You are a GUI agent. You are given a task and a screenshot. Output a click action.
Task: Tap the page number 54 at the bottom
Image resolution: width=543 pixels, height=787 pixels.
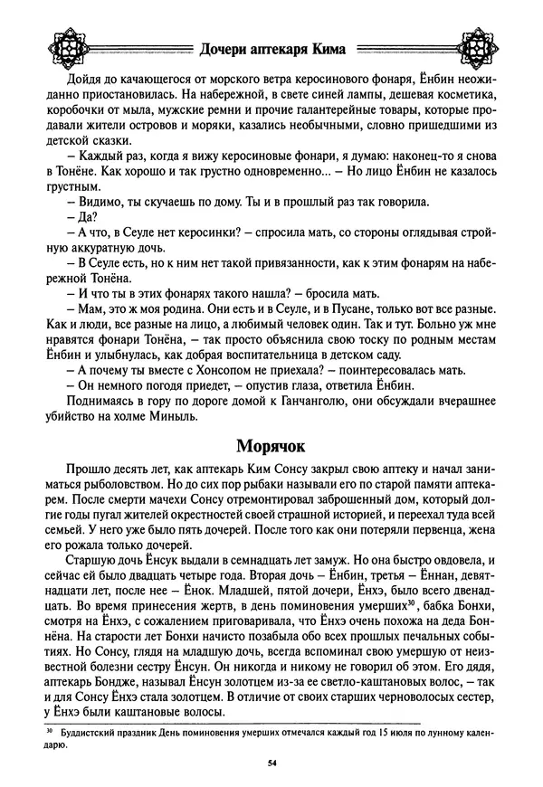click(271, 763)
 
